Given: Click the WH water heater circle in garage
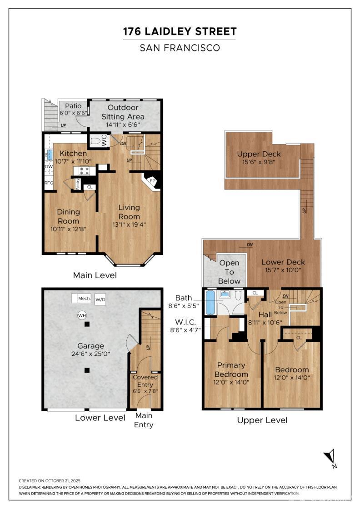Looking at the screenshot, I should (x=82, y=315).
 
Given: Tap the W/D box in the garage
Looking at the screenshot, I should (x=100, y=300).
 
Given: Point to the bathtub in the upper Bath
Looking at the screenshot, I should (x=210, y=303).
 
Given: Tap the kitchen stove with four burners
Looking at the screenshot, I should (x=85, y=171).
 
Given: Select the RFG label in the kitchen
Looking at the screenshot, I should (x=49, y=183).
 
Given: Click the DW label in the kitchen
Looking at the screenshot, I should (x=49, y=167).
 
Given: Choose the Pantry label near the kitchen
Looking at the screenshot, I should (x=78, y=184).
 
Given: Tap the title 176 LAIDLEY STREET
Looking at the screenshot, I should (x=180, y=31).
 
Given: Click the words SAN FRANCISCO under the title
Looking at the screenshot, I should (x=180, y=48).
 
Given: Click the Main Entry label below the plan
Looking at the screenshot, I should (x=144, y=420).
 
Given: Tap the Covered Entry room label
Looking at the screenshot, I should (x=145, y=380).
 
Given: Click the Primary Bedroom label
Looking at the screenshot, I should (x=231, y=369).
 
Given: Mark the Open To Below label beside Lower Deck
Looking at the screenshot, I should (x=229, y=272).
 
